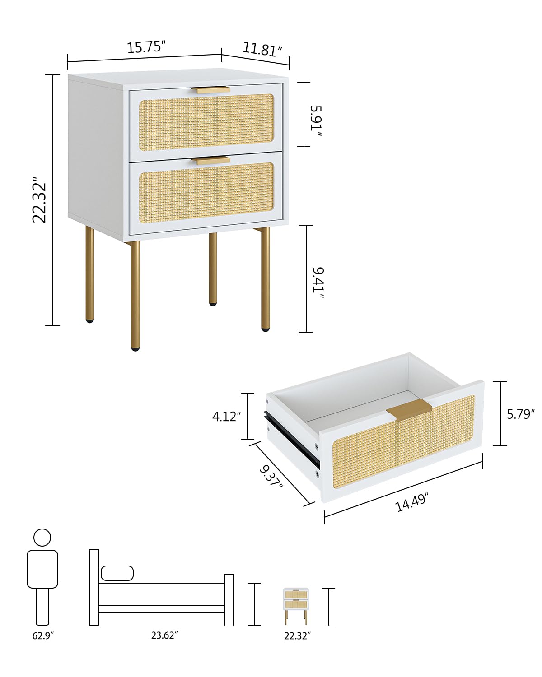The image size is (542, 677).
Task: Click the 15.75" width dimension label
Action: click(x=146, y=47)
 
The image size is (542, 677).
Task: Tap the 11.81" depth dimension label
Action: click(x=262, y=49)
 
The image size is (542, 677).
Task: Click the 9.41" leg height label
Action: click(x=318, y=283)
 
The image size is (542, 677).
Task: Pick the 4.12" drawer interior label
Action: click(x=226, y=416)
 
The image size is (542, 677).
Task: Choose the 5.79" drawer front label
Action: click(x=520, y=414)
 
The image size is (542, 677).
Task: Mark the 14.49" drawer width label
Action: click(x=411, y=502)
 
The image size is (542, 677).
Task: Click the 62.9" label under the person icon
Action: click(x=43, y=635)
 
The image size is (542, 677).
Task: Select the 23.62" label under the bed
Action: click(x=164, y=635)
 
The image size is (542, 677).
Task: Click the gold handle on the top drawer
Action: click(x=210, y=90)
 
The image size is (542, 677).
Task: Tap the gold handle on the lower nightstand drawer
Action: click(x=210, y=160)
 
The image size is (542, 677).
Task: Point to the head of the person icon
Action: click(x=42, y=538)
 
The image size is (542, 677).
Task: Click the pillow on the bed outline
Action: click(x=117, y=573)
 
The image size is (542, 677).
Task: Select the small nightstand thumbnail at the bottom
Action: click(x=296, y=606)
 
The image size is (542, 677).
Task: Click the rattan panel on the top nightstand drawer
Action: click(x=206, y=122)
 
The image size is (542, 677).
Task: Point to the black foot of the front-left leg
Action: click(x=135, y=348)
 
